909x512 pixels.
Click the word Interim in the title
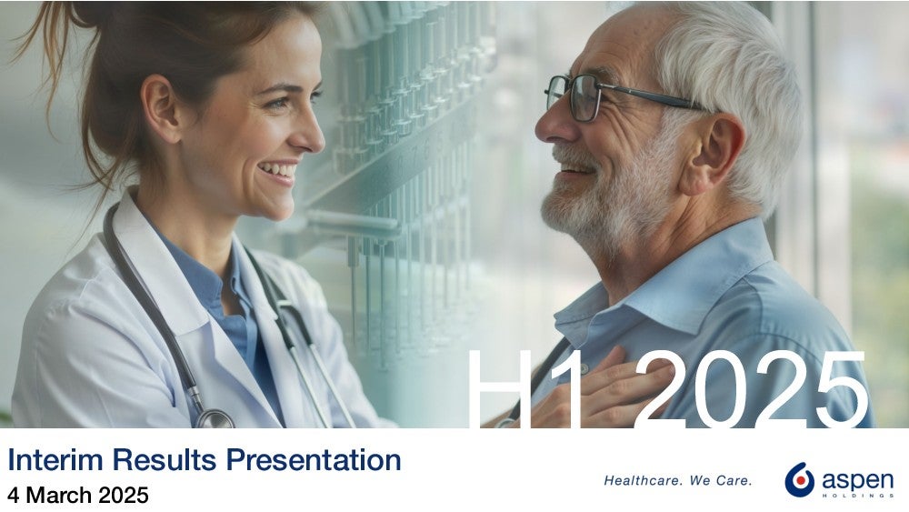point(55,460)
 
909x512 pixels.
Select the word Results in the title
point(164,460)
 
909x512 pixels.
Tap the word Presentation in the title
point(313,460)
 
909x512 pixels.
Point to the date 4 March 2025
point(78,496)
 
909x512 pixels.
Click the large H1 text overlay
point(524,389)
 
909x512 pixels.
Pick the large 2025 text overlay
point(753,389)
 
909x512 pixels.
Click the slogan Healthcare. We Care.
point(678,481)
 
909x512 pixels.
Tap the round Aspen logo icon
point(799,480)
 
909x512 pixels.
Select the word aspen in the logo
point(857,480)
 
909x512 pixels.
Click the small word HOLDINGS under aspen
point(857,496)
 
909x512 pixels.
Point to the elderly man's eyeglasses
point(624,96)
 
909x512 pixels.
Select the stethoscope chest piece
point(215,419)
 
